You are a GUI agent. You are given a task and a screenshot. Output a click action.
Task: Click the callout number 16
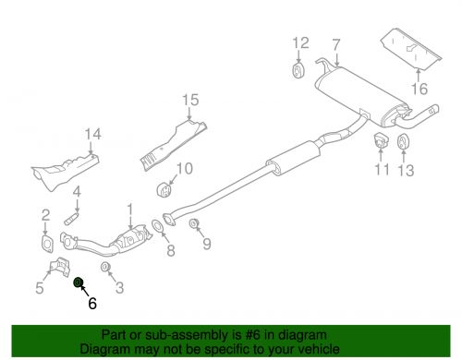pyautogui.click(x=420, y=90)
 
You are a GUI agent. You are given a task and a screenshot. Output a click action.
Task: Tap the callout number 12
pyautogui.click(x=298, y=42)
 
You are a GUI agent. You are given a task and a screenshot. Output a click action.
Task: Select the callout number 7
pyautogui.click(x=335, y=43)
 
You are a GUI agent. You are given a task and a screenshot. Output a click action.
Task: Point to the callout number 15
pyautogui.click(x=190, y=100)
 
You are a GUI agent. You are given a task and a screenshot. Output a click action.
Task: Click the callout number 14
pyautogui.click(x=91, y=138)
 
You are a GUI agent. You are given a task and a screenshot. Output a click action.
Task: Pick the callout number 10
pyautogui.click(x=183, y=168)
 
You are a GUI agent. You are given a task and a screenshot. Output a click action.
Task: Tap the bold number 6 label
pyautogui.click(x=91, y=301)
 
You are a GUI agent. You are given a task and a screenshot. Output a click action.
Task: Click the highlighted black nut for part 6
pyautogui.click(x=79, y=282)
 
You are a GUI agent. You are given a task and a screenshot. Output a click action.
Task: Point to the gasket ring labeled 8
pyautogui.click(x=159, y=224)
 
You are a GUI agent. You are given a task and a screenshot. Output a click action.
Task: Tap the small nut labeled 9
pyautogui.click(x=194, y=224)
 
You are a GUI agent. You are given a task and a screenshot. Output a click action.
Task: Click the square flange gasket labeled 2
pyautogui.click(x=44, y=244)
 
